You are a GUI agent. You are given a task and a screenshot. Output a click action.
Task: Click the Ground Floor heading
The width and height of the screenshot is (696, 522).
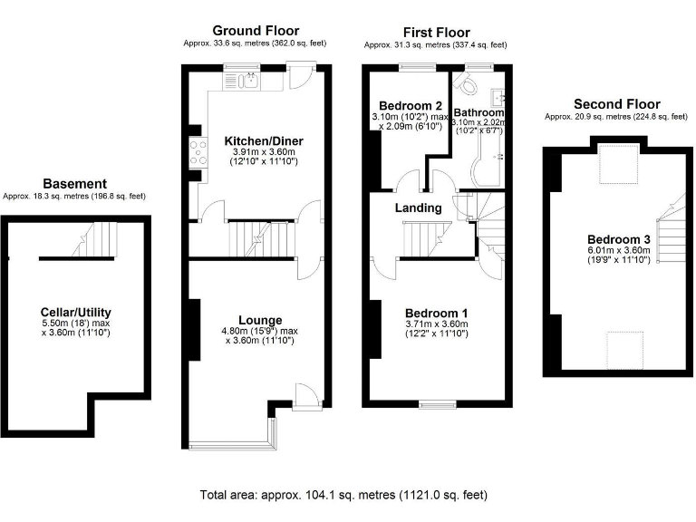click(x=256, y=31)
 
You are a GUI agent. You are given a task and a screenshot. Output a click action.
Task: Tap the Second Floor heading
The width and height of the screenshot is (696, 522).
click(x=614, y=104)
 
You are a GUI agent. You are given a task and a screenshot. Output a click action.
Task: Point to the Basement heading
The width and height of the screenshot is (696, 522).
click(x=73, y=183)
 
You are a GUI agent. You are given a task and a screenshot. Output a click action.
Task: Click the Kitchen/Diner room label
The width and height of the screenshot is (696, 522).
click(x=263, y=141)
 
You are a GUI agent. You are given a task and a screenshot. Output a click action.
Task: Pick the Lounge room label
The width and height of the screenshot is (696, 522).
click(x=260, y=320)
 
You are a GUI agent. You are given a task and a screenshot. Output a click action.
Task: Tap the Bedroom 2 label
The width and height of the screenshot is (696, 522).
click(x=411, y=104)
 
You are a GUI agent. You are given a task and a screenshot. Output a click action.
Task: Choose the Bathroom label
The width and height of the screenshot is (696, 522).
click(x=478, y=112)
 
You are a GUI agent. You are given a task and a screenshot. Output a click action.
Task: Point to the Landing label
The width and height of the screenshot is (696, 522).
click(x=418, y=208)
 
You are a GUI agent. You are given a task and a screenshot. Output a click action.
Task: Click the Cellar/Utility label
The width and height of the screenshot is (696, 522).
click(x=76, y=312)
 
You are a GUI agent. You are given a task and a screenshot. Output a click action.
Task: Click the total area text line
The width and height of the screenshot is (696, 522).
click(x=343, y=495)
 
